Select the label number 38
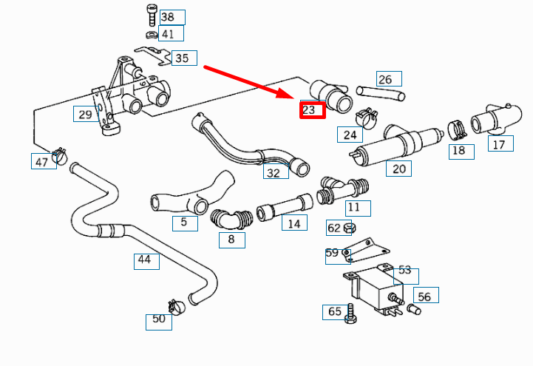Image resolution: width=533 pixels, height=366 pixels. (168, 17)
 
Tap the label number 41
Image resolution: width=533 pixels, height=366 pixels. (168, 34)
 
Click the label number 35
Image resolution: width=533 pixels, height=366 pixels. (181, 58)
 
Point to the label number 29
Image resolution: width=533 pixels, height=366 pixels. (85, 114)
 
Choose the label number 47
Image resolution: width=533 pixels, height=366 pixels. (42, 160)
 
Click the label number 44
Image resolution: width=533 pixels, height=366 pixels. (144, 260)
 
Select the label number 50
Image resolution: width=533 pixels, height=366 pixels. (158, 319)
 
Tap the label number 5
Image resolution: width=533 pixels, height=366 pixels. (184, 222)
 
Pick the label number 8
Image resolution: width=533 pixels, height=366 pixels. (231, 239)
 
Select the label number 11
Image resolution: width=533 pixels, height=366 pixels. (354, 208)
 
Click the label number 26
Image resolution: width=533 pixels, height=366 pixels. (385, 79)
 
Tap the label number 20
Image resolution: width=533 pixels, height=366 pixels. (398, 168)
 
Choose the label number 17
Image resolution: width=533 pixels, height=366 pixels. (499, 144)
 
